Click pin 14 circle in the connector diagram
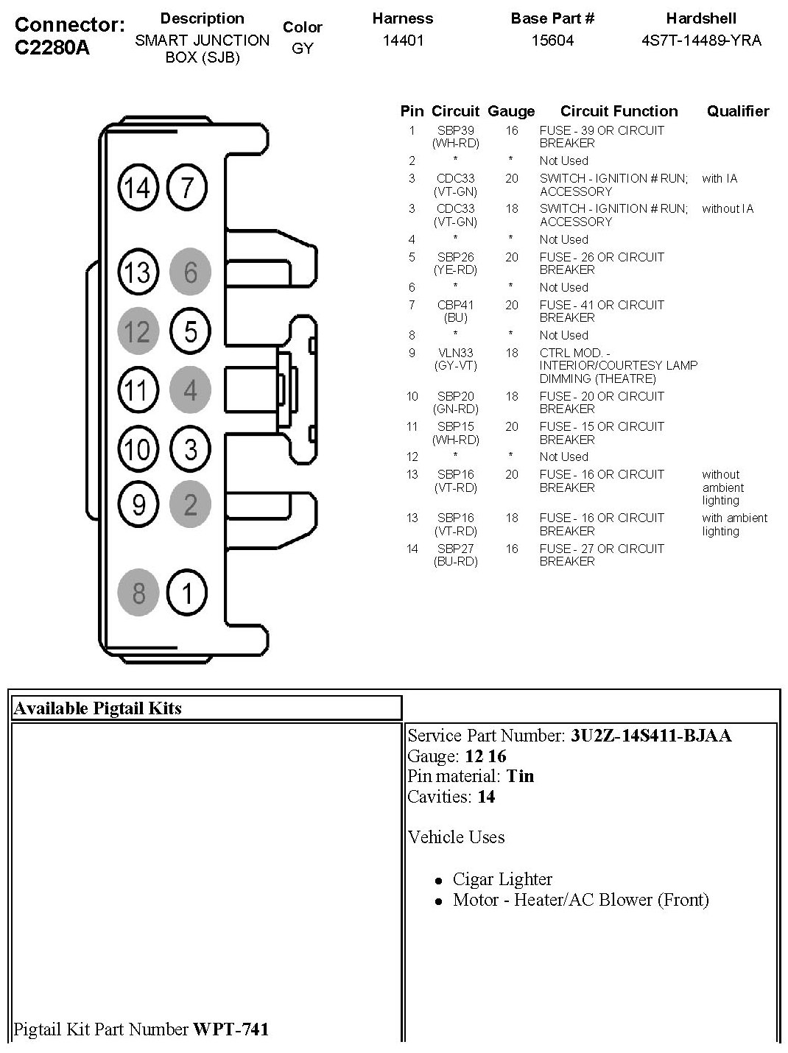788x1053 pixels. click(138, 188)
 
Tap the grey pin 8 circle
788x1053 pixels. click(138, 592)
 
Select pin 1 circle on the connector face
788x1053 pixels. click(188, 592)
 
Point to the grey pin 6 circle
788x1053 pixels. click(190, 272)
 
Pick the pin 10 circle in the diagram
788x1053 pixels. click(138, 448)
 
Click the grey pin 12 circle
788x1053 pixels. click(138, 331)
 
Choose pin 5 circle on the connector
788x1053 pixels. click(190, 331)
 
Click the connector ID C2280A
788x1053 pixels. click(52, 48)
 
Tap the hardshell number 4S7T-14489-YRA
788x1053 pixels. click(701, 40)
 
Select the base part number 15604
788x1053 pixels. click(552, 40)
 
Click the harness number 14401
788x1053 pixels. click(403, 40)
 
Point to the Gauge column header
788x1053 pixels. click(511, 111)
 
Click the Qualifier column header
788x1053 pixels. click(738, 111)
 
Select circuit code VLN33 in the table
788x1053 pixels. click(455, 353)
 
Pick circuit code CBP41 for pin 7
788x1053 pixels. click(455, 305)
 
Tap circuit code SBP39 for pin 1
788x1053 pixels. click(455, 130)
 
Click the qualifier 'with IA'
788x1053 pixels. click(720, 178)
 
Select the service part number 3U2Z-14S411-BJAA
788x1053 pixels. click(651, 736)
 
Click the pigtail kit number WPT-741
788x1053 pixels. click(231, 1029)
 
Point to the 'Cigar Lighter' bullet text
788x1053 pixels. click(502, 879)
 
